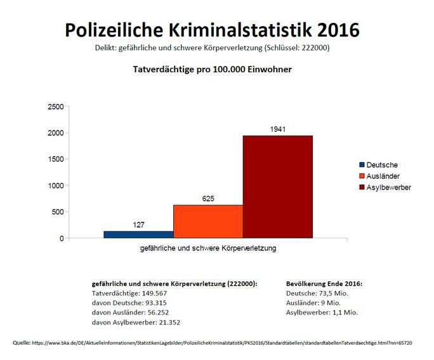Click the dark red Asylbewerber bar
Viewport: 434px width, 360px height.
(277, 187)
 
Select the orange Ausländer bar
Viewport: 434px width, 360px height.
(207, 221)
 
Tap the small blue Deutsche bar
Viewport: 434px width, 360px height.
(138, 235)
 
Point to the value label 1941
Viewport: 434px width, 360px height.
(277, 129)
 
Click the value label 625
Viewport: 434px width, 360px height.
(208, 199)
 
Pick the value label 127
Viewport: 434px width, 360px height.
(138, 225)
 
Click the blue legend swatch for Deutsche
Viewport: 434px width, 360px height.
(361, 165)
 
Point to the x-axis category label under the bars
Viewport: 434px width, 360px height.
(207, 248)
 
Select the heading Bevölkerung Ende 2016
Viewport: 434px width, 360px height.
(324, 285)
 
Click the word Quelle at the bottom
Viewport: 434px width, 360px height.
(21, 343)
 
